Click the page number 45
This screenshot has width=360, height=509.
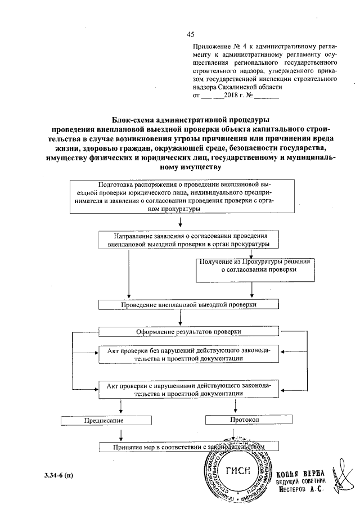(x=190, y=34)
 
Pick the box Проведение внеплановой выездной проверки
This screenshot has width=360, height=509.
(x=188, y=304)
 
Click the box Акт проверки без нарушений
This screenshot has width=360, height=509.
(x=188, y=354)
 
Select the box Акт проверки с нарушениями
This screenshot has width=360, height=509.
(x=188, y=390)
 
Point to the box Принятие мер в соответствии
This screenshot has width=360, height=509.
(x=188, y=447)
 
